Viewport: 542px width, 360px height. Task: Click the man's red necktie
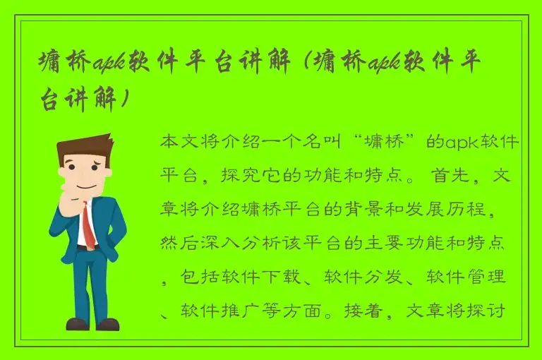pos(88,225)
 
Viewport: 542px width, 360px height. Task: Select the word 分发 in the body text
pos(392,277)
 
